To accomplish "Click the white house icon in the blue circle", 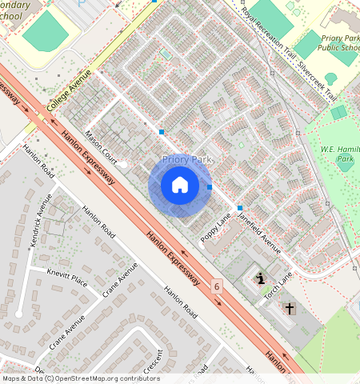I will (180, 185).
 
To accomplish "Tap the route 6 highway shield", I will (217, 286).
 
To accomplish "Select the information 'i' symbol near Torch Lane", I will (261, 279).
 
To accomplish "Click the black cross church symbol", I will (289, 308).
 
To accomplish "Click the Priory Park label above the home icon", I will (186, 160).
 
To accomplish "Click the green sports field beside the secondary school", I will (45, 31).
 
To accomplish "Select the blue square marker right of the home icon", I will (210, 187).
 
